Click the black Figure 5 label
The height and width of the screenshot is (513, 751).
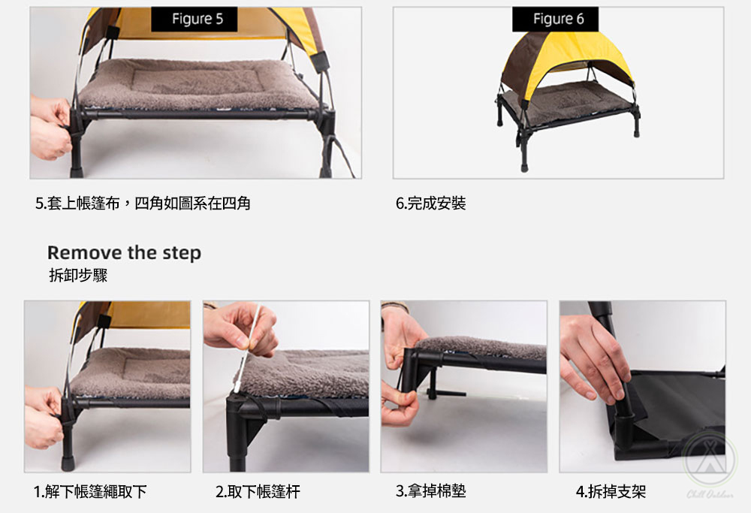click(x=194, y=20)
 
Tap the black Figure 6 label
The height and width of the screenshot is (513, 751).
click(x=555, y=20)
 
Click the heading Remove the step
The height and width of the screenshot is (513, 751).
click(x=124, y=252)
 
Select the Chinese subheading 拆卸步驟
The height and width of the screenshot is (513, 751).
click(x=78, y=275)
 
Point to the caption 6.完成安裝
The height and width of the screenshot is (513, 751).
click(x=430, y=203)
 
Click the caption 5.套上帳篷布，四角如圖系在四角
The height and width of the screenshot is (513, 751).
click(x=143, y=203)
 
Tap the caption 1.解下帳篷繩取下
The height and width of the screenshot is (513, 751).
click(x=90, y=491)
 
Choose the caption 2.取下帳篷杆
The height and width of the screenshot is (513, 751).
click(x=258, y=491)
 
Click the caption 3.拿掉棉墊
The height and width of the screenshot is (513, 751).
click(x=430, y=491)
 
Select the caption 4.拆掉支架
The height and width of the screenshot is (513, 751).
click(x=611, y=491)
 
